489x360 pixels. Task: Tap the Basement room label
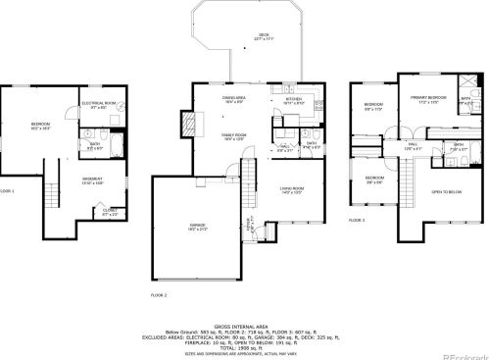(93, 180)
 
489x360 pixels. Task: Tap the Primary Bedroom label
(423, 100)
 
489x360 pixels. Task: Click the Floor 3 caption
(357, 221)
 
